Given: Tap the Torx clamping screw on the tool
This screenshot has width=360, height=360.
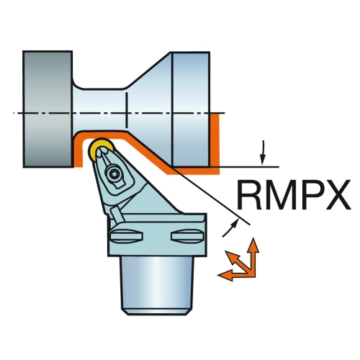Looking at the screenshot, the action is [113, 174].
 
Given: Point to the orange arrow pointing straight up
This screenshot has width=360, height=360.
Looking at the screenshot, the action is [253, 257].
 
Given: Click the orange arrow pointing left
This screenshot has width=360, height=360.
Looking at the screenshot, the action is [236, 275].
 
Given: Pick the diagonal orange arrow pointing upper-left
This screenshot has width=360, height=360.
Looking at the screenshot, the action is [238, 261].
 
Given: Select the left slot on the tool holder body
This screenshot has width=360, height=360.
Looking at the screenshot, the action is [127, 235].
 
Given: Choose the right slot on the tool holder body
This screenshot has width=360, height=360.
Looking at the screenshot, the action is [188, 237].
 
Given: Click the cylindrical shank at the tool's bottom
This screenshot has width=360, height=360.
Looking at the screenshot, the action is [157, 285].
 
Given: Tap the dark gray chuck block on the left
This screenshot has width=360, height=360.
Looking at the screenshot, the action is [48, 109].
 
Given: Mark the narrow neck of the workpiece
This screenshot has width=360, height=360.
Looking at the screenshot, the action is [99, 110].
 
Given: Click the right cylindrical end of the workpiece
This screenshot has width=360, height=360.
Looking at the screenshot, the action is [192, 109].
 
